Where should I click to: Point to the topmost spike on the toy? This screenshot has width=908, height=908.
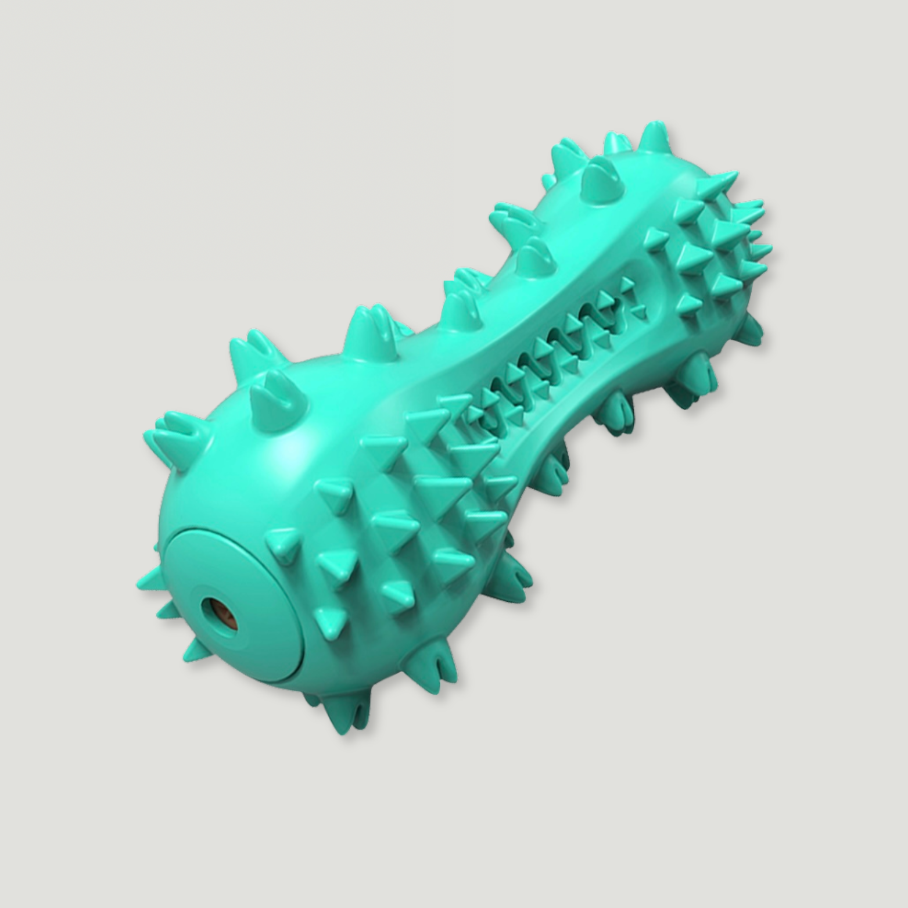click(x=654, y=137)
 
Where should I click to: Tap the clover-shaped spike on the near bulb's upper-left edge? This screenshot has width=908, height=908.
click(x=174, y=427)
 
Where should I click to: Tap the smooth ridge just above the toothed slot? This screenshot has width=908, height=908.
click(x=523, y=325)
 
